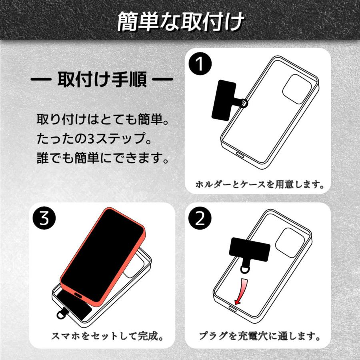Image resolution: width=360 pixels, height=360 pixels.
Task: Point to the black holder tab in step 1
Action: (x=225, y=98)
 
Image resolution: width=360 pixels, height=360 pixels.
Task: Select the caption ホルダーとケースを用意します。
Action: (x=259, y=185)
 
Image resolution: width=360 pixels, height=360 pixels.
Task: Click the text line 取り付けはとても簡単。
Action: (x=102, y=120)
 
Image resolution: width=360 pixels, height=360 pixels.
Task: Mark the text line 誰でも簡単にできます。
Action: (x=102, y=158)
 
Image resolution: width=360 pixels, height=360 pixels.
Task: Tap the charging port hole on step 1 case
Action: (x=240, y=155)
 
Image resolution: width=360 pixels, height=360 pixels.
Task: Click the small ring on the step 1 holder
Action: (x=244, y=104)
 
